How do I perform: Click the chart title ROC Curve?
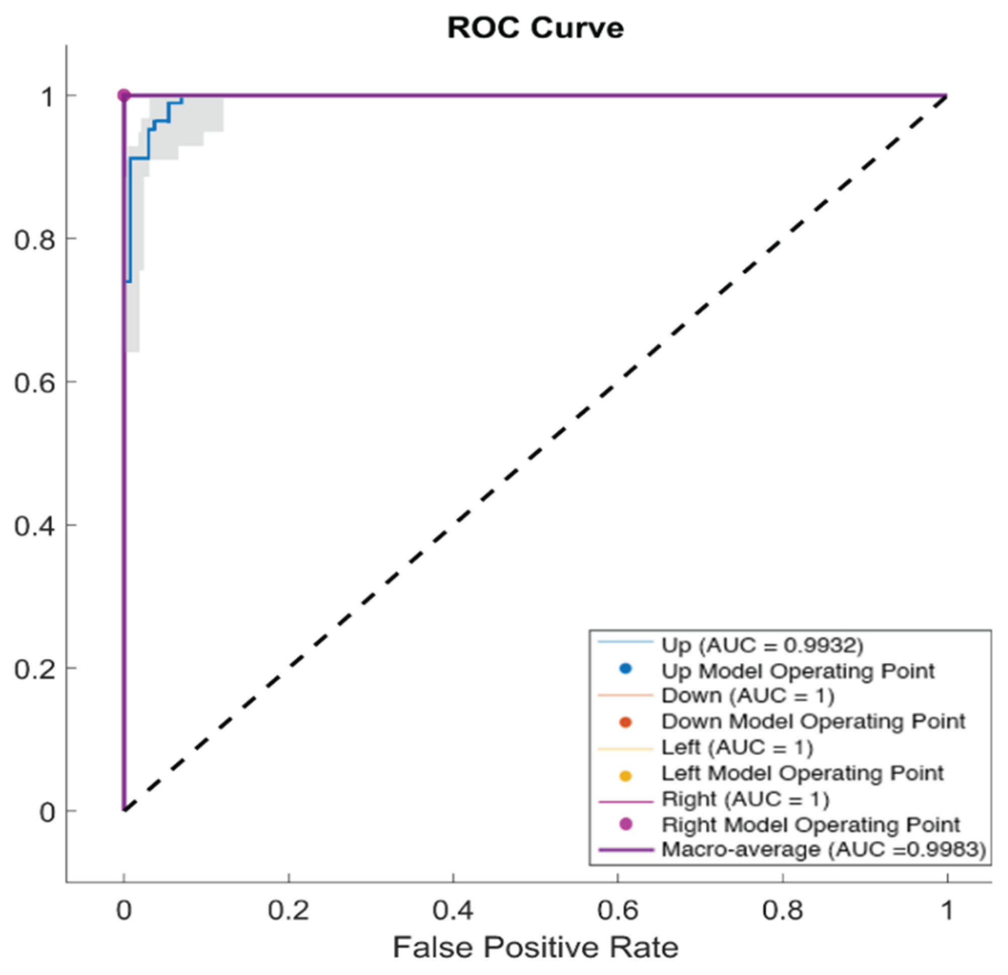535,28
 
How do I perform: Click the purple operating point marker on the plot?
124,95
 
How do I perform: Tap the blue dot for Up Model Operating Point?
626,669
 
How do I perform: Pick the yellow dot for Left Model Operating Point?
626,776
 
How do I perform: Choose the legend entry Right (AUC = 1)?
745,800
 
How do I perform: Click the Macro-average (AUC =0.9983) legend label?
823,849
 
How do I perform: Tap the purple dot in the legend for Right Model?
626,824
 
